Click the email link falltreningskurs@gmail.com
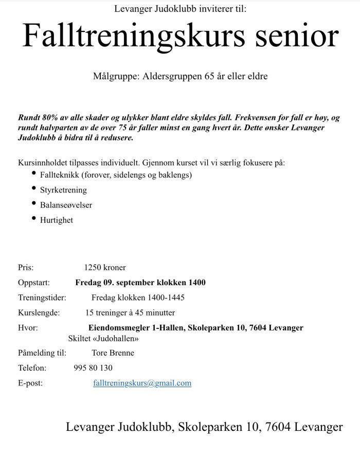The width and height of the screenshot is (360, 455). (x=142, y=383)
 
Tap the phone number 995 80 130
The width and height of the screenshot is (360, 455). (x=93, y=368)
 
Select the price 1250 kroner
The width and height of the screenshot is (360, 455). (x=105, y=268)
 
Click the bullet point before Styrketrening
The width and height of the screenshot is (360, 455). (x=34, y=188)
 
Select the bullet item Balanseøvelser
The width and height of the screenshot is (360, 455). (x=66, y=205)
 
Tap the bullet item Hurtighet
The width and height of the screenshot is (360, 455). (x=57, y=220)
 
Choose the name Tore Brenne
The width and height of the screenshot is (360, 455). (x=113, y=353)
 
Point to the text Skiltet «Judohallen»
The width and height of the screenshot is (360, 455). (x=103, y=338)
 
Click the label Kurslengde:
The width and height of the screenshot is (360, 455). (x=39, y=312)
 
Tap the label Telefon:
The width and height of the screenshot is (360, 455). (x=32, y=368)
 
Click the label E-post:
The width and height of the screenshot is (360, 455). (x=30, y=383)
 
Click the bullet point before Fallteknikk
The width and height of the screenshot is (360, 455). (x=34, y=173)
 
